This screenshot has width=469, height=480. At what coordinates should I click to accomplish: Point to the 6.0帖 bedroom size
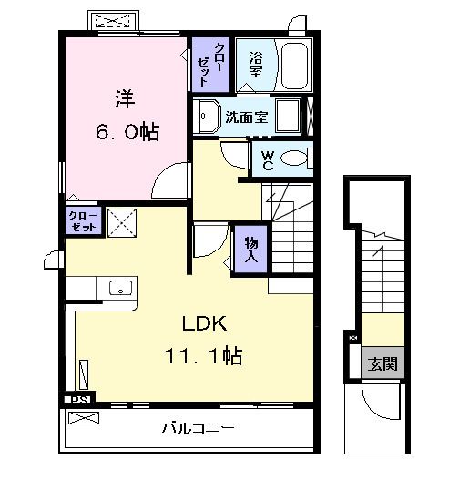(127, 132)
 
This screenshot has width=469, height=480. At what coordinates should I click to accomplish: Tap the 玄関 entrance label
(382, 364)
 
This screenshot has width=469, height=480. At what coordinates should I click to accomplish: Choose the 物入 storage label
(249, 249)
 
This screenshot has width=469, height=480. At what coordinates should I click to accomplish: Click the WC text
(267, 160)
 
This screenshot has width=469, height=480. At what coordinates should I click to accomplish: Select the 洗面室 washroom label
(247, 117)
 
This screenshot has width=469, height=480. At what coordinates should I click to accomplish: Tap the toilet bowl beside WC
(295, 160)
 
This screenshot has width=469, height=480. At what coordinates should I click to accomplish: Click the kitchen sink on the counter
(119, 288)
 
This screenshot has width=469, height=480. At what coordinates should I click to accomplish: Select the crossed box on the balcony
(83, 419)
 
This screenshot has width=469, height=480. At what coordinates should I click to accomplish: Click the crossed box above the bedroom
(114, 20)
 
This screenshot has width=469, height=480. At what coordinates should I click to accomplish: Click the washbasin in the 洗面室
(207, 117)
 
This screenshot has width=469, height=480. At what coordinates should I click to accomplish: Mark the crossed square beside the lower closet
(119, 222)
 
